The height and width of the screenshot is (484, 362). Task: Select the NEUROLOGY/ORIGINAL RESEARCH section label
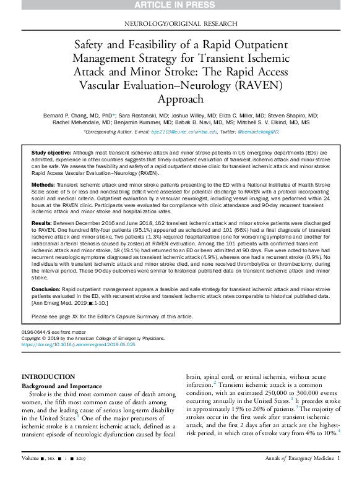pyautogui.click(x=181, y=23)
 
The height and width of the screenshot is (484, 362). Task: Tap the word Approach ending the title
pyautogui.click(x=181, y=99)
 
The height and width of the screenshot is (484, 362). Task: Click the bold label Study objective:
pyautogui.click(x=51, y=151)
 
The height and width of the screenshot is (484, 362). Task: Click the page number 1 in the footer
pyautogui.click(x=338, y=475)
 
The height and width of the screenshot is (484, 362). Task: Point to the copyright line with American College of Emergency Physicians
pyautogui.click(x=93, y=338)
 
